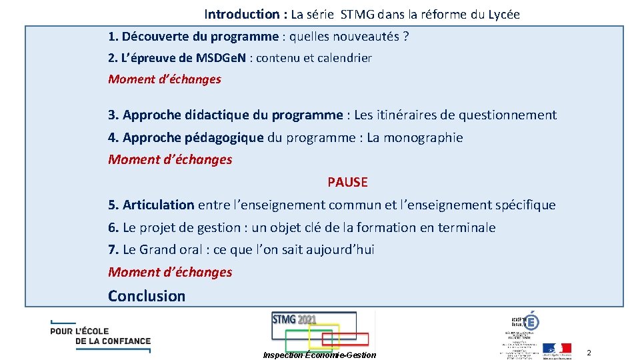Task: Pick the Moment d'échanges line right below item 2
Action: click(x=165, y=79)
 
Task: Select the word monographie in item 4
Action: click(x=423, y=138)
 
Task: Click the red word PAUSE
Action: click(x=347, y=182)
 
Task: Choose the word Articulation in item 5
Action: click(x=158, y=205)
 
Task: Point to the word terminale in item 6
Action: click(x=466, y=227)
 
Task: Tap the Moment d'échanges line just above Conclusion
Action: click(x=170, y=272)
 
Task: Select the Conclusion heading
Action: click(x=147, y=296)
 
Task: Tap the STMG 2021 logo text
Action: click(x=294, y=319)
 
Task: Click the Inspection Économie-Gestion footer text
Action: click(x=319, y=355)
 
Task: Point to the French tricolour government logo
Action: click(x=557, y=348)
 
